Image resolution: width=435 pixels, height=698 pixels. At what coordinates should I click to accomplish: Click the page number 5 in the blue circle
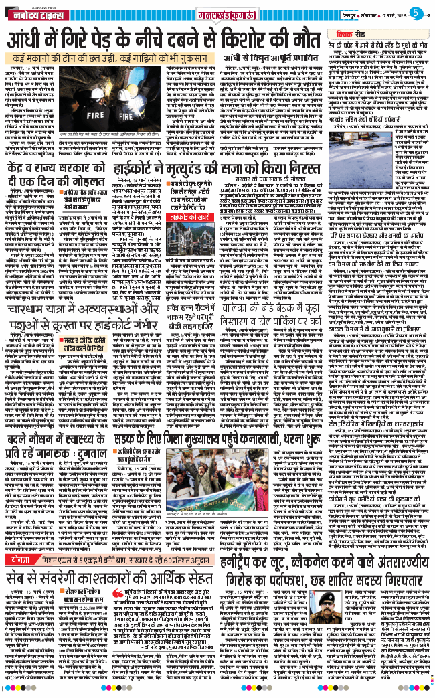point(416,12)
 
